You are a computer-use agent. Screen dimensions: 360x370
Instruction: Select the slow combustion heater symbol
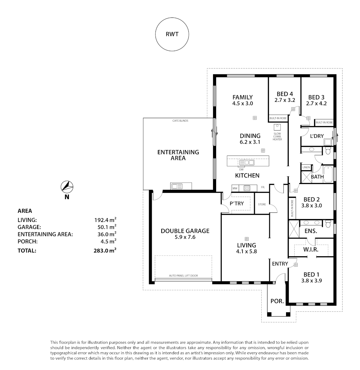(x=277, y=127)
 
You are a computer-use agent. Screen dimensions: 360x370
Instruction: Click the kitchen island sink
(x=247, y=163)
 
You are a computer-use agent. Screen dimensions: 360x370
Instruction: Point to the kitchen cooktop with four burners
(x=247, y=188)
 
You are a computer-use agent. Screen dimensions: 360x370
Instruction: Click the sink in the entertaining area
(x=177, y=186)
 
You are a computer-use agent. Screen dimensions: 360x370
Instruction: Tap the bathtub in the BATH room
(x=328, y=174)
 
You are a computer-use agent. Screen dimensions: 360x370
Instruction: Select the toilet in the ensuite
(x=328, y=224)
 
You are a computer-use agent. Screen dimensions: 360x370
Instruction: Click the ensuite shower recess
(x=294, y=229)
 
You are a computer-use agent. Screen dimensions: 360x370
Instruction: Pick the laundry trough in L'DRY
(x=328, y=142)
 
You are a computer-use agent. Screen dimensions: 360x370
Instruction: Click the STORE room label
(x=262, y=204)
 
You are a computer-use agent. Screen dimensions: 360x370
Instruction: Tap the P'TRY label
(x=237, y=203)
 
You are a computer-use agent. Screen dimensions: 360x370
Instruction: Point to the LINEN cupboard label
(x=306, y=167)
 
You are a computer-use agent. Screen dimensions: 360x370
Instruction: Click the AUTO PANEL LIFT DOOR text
(x=183, y=275)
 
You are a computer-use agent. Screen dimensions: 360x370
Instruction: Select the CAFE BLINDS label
(x=180, y=121)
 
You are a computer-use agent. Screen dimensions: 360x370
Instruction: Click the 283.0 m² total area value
(x=105, y=250)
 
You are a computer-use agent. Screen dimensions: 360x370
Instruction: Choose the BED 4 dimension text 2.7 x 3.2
(x=285, y=100)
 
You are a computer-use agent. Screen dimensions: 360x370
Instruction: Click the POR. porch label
(x=277, y=301)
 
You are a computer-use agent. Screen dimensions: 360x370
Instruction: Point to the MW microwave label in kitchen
(x=235, y=188)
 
